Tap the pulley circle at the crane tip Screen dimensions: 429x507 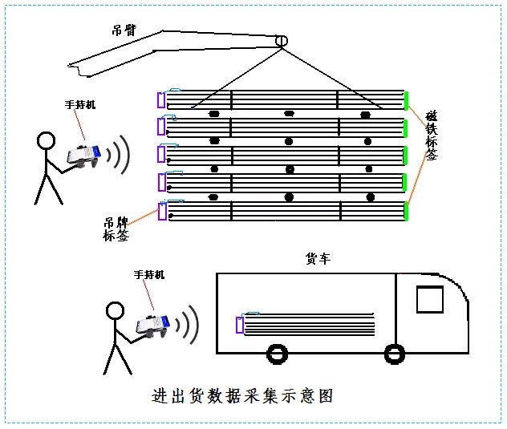(281, 41)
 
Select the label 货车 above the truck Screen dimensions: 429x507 (318, 259)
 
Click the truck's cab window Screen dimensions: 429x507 (430, 299)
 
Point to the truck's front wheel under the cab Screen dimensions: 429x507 (393, 353)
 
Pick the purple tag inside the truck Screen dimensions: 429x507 (239, 324)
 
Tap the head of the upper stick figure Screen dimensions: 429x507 (47, 142)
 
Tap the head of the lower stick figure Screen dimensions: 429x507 (115, 310)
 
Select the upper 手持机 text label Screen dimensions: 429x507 (79, 105)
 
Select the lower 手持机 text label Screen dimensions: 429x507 (149, 274)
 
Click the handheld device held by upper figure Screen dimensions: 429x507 (84, 156)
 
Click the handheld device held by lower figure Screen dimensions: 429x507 (152, 324)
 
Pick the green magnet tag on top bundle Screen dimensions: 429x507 (406, 100)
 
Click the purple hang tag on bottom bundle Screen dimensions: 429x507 (163, 211)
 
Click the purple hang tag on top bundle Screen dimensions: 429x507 (160, 99)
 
